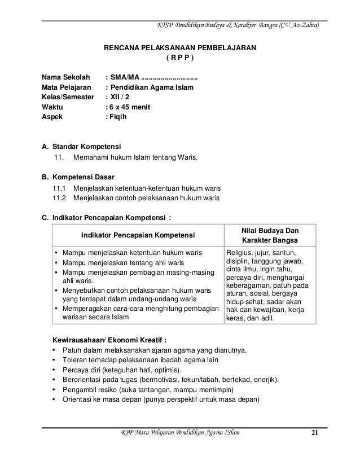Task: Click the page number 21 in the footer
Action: click(x=315, y=433)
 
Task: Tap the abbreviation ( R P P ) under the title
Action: click(x=179, y=58)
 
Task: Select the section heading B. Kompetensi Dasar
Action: click(x=74, y=176)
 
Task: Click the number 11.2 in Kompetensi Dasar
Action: click(x=59, y=198)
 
